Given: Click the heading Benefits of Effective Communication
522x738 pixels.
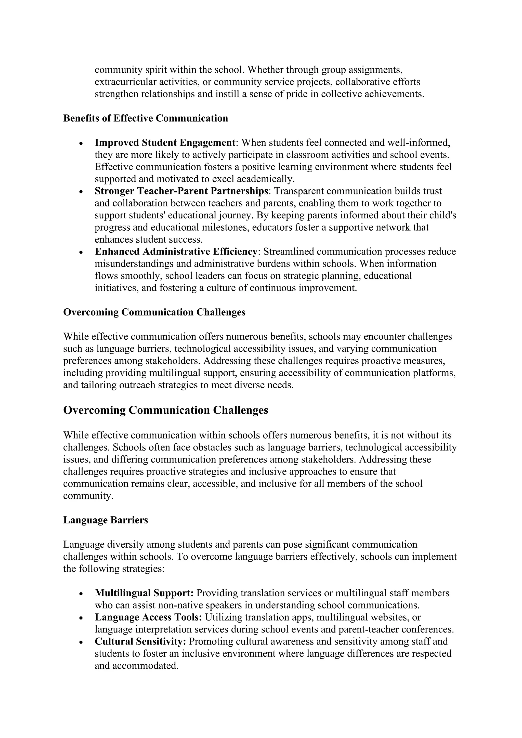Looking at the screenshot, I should [x=146, y=118].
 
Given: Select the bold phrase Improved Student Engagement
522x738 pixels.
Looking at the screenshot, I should [x=165, y=142].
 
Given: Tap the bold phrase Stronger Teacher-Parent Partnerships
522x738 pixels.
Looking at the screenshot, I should [x=182, y=191].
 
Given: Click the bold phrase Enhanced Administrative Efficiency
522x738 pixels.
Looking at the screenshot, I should [x=176, y=251].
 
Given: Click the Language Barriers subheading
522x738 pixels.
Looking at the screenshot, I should [x=106, y=520].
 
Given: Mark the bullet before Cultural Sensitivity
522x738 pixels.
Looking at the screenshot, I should [x=81, y=642].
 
